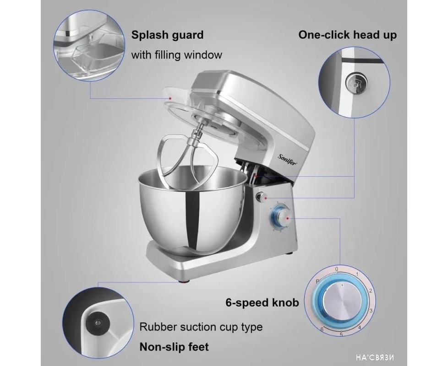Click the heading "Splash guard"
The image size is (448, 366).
[x=168, y=35]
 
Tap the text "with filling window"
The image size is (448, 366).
[x=176, y=55]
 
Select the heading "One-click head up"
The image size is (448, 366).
[x=347, y=35]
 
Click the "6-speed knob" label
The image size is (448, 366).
[x=262, y=302]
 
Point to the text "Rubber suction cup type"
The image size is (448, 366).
[x=201, y=327]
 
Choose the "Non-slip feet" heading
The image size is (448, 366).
[x=174, y=347]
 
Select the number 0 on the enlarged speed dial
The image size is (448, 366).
[x=337, y=269]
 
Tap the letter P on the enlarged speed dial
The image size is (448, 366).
[x=317, y=281]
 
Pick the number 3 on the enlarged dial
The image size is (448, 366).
[x=371, y=311]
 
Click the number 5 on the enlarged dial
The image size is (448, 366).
[x=341, y=334]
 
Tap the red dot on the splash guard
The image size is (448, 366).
[x=170, y=98]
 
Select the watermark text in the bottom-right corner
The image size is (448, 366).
[x=375, y=357]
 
